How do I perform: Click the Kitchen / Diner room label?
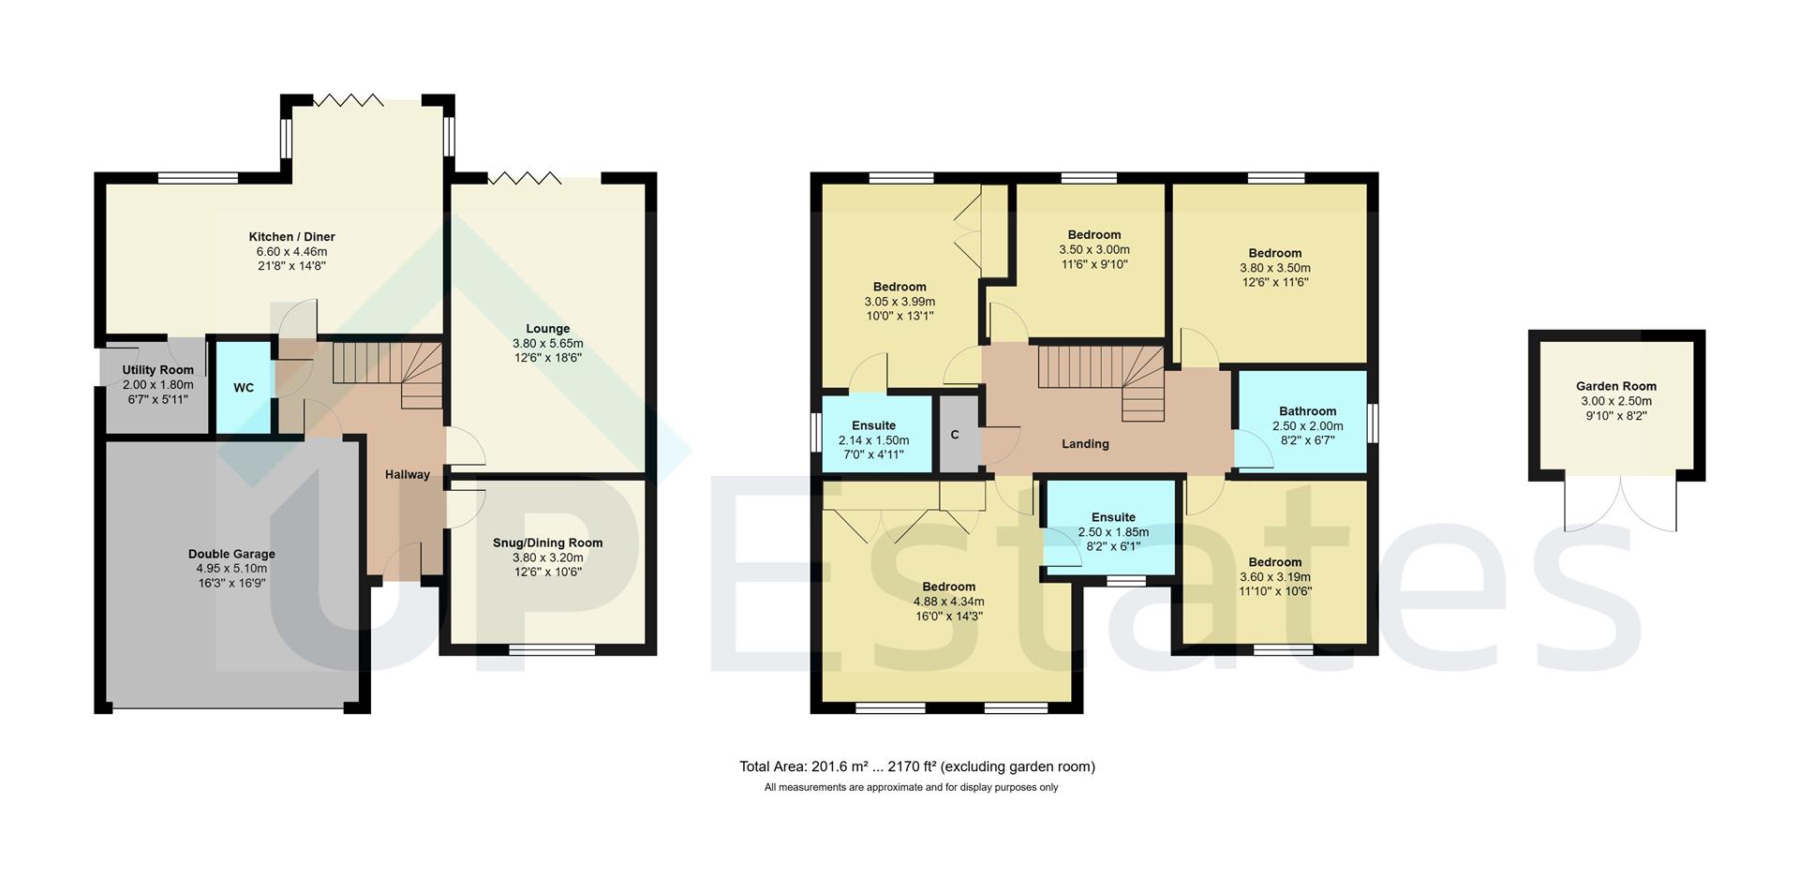pos(291,237)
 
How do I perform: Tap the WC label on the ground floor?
pos(244,388)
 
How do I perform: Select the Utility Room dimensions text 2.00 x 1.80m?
pos(157,385)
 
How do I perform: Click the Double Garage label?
pos(231,554)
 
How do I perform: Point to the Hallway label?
pos(408,475)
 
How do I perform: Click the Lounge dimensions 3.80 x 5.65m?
pos(547,343)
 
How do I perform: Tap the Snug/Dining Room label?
pos(547,543)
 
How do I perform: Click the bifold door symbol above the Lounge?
pos(524,177)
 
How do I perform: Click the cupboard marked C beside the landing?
pos(955,435)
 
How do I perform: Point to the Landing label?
pos(1085,444)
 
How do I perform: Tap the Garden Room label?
pos(1615,386)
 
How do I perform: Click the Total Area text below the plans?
pos(916,766)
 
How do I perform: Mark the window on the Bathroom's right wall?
pos(1373,421)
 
